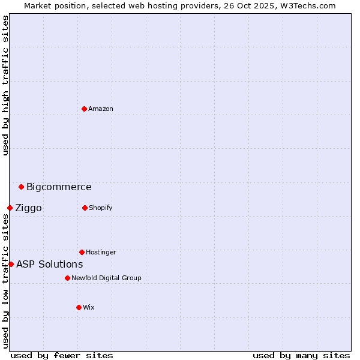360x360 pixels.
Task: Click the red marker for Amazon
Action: coord(84,109)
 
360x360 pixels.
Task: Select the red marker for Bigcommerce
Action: coord(21,187)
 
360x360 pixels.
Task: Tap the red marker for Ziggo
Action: coord(10,208)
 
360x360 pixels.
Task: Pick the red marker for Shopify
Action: coord(85,208)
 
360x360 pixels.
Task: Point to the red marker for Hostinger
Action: coord(82,252)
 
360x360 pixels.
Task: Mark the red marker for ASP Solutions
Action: coord(11,264)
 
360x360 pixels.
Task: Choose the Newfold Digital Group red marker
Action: coord(67,278)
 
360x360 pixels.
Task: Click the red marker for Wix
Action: coord(79,307)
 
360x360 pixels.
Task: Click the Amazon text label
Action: coord(101,109)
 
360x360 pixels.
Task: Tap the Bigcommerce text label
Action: coord(59,187)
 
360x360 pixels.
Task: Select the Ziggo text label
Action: coord(28,208)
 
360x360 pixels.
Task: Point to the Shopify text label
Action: coord(101,208)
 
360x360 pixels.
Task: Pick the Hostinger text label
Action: coord(101,252)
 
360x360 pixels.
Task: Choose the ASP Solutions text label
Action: coord(49,265)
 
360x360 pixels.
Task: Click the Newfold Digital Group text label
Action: coord(106,278)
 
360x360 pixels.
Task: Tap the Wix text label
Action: coord(89,307)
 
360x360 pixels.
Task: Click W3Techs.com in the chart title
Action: coord(306,5)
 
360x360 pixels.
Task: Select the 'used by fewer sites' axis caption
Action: coord(62,355)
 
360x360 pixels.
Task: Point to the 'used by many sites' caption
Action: coord(301,355)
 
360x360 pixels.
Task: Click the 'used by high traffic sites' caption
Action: coord(5,85)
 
